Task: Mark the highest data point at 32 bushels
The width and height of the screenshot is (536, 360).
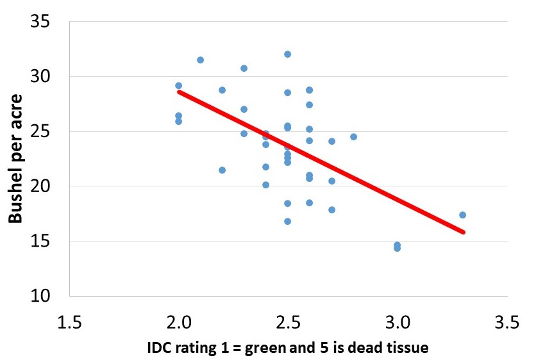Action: click(287, 54)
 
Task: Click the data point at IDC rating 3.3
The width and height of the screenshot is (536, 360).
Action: click(462, 215)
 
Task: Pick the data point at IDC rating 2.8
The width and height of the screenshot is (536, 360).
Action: click(353, 136)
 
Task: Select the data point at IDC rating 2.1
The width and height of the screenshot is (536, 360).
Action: click(200, 60)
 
